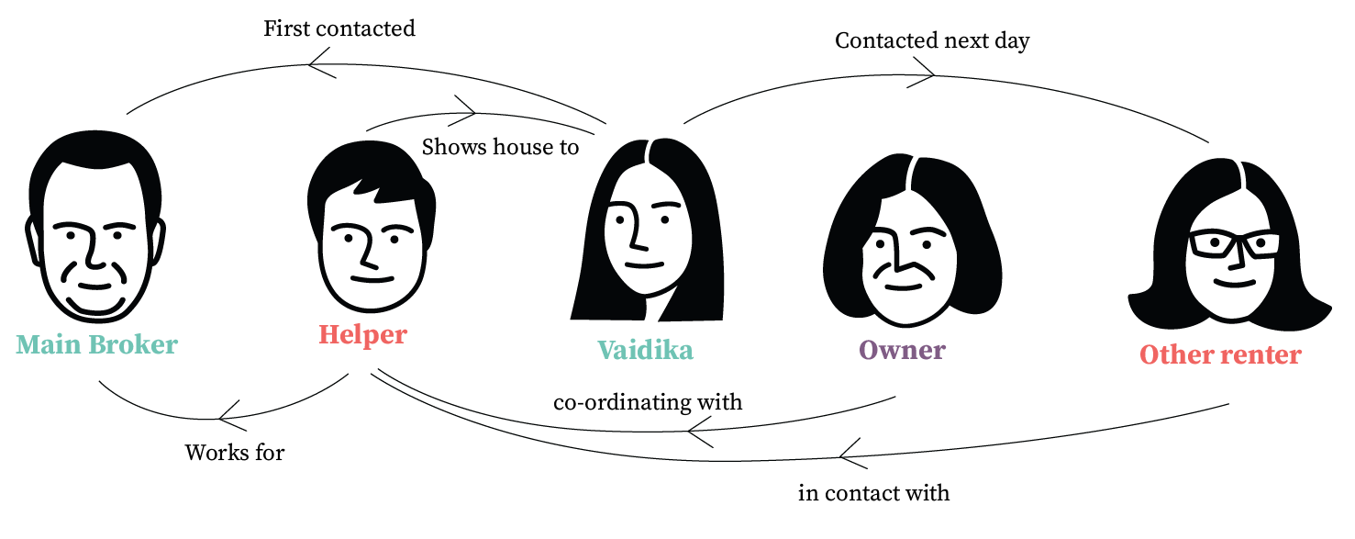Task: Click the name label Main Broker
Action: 96,345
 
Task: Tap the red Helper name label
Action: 362,334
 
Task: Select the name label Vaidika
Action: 645,350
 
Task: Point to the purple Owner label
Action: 902,350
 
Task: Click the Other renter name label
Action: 1220,355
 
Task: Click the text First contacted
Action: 339,28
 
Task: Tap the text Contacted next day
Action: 932,41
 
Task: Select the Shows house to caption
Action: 500,147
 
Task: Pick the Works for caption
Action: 235,453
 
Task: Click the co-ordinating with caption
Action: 648,402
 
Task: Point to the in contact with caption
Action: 873,493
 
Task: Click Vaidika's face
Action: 642,239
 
